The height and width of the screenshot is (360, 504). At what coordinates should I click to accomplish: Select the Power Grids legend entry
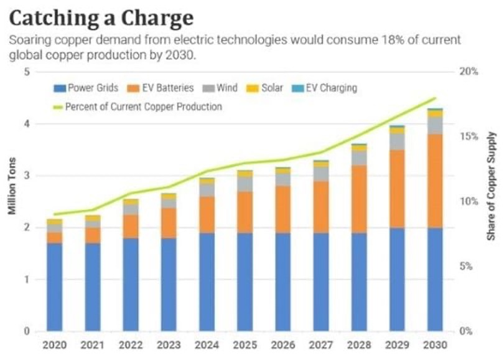coord(87,88)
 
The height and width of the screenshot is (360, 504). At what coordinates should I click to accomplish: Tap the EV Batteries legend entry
coord(160,88)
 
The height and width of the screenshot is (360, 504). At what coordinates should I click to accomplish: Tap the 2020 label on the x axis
coord(55,344)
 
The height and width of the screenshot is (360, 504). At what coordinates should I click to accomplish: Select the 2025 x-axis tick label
coord(245,344)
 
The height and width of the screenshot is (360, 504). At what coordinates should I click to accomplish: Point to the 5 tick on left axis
coord(27,72)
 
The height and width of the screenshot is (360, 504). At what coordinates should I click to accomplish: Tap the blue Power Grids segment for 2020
coord(55,287)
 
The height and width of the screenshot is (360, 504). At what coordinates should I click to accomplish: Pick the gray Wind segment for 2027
coord(320,174)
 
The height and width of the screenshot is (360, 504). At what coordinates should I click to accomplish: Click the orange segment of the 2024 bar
coord(207,215)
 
